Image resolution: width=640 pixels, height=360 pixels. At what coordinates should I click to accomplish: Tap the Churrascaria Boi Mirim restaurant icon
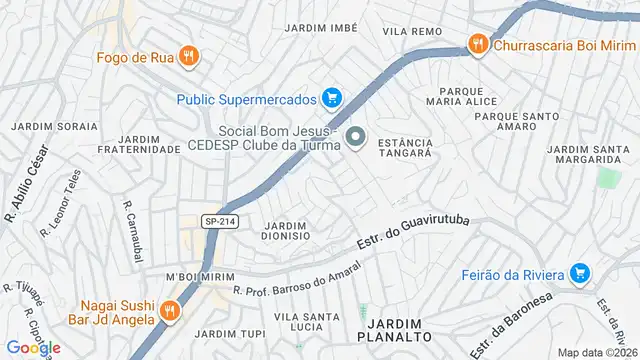(478, 44)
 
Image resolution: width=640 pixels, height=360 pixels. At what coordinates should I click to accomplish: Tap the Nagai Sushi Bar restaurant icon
(171, 311)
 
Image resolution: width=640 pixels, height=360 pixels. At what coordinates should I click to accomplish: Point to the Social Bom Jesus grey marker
(355, 137)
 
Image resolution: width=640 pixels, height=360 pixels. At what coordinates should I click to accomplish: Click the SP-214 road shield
(220, 222)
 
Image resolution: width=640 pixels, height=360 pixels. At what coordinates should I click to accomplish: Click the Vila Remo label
(412, 32)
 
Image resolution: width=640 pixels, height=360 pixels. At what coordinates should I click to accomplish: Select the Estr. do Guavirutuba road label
(412, 233)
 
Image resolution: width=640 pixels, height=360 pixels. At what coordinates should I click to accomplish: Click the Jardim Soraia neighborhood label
(55, 127)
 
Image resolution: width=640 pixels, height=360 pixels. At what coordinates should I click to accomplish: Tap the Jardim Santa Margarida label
(589, 156)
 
